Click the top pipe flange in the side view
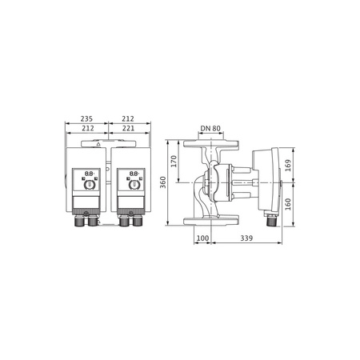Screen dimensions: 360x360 pos(209,144)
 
